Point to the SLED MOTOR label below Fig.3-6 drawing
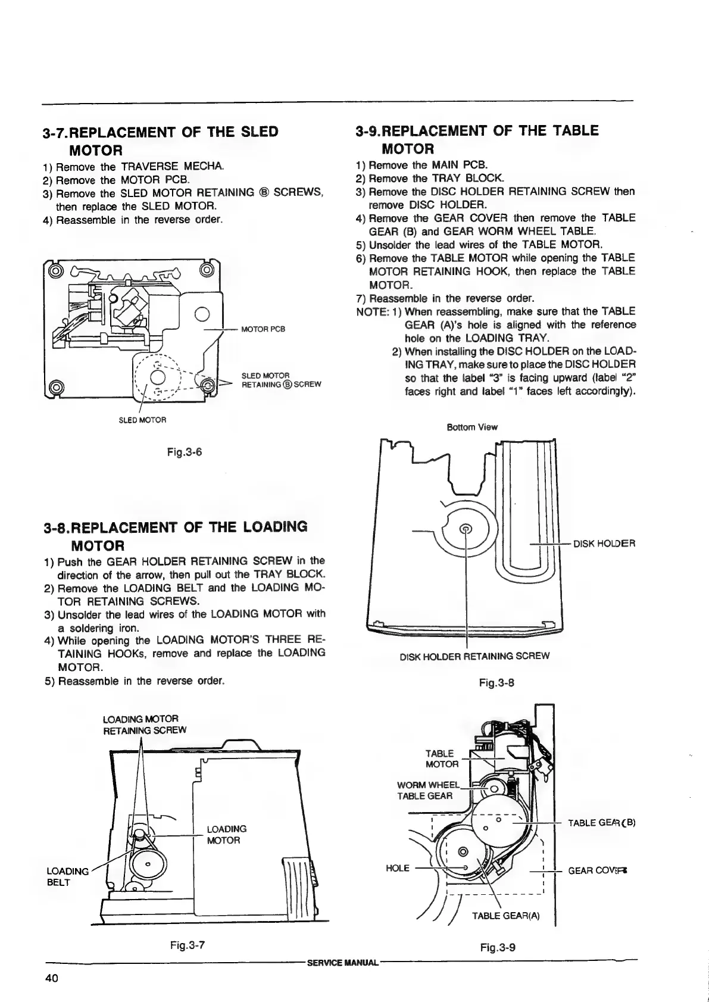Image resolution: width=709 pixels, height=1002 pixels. (142, 420)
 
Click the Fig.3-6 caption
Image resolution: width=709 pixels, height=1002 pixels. (185, 452)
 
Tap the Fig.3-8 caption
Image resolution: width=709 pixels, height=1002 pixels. (496, 683)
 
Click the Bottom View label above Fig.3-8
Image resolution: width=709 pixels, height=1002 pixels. (472, 427)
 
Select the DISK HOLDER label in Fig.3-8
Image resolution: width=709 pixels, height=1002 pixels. (604, 544)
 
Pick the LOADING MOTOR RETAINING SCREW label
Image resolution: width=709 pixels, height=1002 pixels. (145, 725)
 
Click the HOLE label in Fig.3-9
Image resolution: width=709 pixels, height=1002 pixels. (397, 868)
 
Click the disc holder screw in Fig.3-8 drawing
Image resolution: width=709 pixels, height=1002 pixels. (467, 527)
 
